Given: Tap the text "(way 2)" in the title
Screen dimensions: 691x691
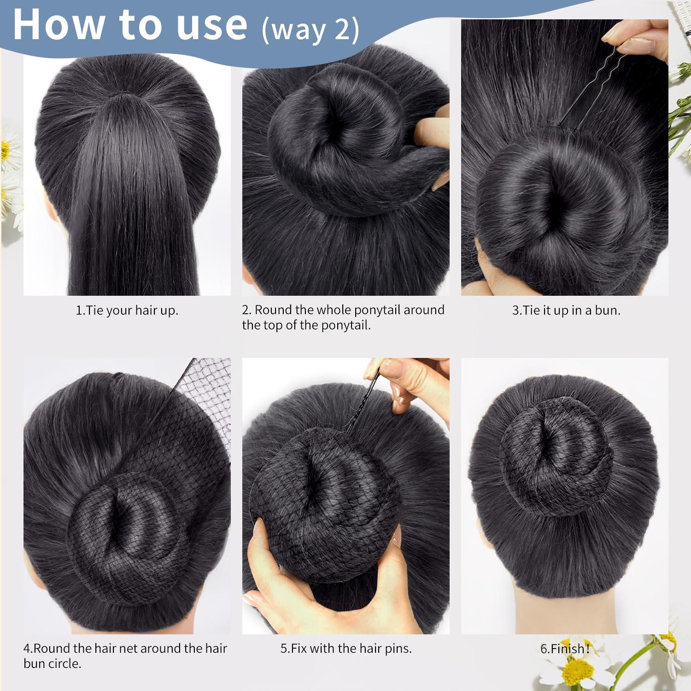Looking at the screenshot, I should [x=310, y=30].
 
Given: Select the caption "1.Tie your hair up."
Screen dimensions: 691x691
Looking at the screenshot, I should [x=127, y=310].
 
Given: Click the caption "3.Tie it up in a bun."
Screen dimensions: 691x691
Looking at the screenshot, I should [x=566, y=310].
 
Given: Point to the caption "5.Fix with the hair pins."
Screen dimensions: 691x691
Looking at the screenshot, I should [x=346, y=648].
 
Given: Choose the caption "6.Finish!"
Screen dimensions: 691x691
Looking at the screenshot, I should [x=565, y=649].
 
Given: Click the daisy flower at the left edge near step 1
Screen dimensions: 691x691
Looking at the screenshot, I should [x=7, y=147].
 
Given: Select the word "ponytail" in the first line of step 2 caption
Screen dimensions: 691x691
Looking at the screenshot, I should [x=373, y=310].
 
